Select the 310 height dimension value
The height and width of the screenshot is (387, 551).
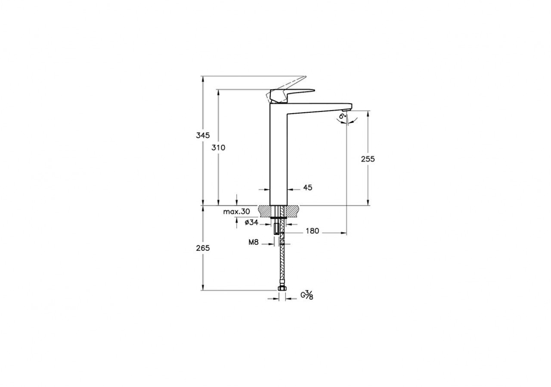(219, 147)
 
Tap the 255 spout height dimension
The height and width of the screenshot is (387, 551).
(368, 159)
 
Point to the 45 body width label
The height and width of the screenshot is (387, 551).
(307, 187)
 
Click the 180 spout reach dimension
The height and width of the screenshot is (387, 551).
(312, 231)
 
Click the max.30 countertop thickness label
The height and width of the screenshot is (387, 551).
(237, 212)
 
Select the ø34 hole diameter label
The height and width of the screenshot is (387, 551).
(251, 222)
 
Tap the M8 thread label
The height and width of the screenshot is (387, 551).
(253, 243)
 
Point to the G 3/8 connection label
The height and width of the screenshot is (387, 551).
(306, 295)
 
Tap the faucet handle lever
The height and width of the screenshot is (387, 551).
(297, 92)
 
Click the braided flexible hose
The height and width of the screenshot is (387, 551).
(282, 262)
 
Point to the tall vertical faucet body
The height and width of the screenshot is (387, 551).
(278, 159)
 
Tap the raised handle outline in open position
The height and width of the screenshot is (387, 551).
(293, 83)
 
